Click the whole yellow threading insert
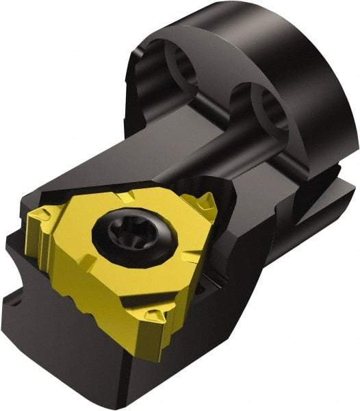pyautogui.click(x=123, y=253)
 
